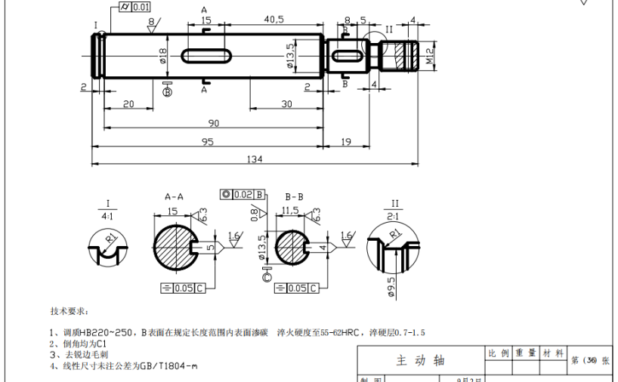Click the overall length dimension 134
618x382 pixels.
(254, 158)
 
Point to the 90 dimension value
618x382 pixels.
(214, 123)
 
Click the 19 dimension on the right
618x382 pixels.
(346, 141)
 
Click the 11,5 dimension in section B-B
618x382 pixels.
(291, 211)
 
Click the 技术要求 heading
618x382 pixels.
(70, 311)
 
